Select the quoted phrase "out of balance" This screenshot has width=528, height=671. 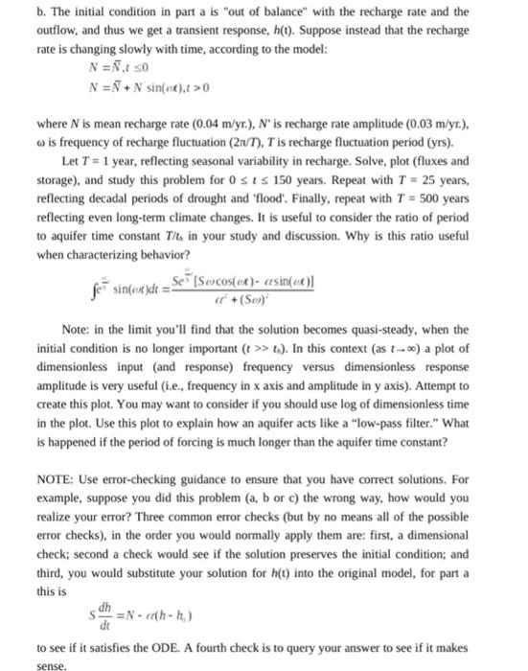[x=260, y=12]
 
